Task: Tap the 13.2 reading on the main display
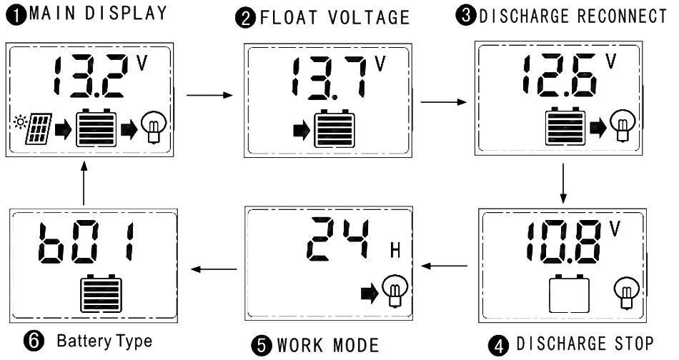(91, 76)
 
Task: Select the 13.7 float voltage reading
(329, 78)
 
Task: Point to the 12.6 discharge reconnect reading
(560, 75)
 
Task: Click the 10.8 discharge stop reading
(564, 242)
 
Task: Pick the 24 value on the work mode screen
(339, 239)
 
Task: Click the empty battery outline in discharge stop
(569, 294)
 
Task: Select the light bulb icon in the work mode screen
(395, 291)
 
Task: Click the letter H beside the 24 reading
(395, 250)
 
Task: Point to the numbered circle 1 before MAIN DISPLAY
(17, 16)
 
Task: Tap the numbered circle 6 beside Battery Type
(34, 341)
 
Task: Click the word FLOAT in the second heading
(289, 18)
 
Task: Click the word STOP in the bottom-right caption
(634, 344)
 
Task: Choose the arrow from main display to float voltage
(209, 95)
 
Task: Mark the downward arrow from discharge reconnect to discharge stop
(562, 183)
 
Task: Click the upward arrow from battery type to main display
(84, 183)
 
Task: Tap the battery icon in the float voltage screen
(334, 129)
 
